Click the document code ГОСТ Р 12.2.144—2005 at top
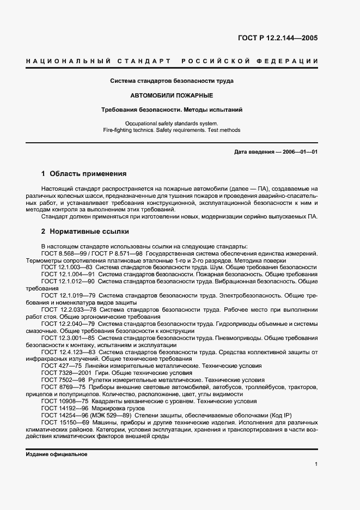pos(278,38)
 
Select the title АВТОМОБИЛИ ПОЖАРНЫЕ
pos(172,95)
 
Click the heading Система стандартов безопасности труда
pos(172,81)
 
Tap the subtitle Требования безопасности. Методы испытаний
pos(172,110)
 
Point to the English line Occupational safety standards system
pos(172,124)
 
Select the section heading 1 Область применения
pos(84,174)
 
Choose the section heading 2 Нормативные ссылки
pos(85,231)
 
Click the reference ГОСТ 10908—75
pos(62,401)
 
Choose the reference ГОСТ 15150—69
pos(62,422)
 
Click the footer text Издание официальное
pos(57,454)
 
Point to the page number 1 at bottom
pos(316,464)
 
